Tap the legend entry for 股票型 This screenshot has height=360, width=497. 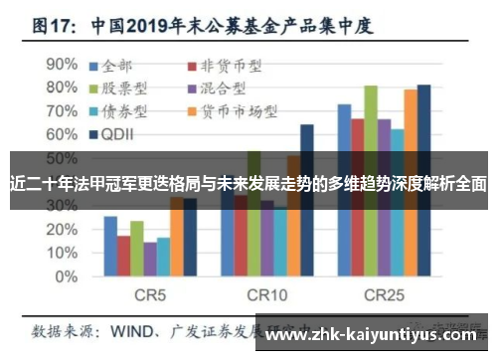tap(130, 89)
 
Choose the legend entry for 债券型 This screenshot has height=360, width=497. tap(130, 110)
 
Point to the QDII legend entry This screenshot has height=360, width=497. tap(120, 132)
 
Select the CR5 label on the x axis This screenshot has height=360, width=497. tap(149, 296)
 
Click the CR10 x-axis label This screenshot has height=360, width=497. tap(267, 296)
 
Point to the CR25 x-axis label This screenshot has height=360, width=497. tap(384, 296)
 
